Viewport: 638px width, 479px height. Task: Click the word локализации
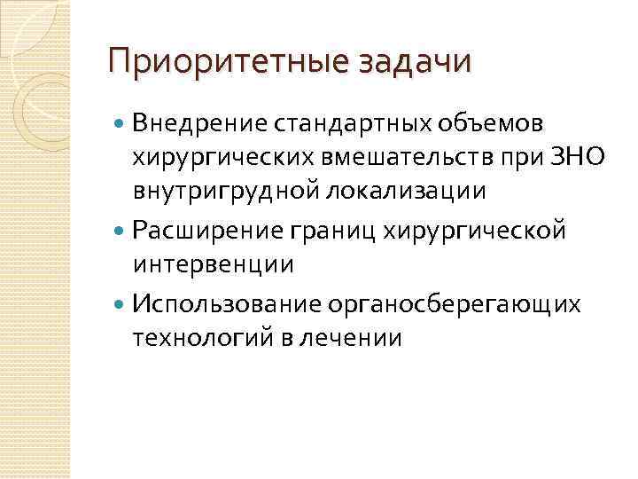(410, 192)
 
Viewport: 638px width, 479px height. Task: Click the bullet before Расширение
(121, 232)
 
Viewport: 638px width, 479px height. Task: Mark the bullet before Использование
(121, 304)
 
